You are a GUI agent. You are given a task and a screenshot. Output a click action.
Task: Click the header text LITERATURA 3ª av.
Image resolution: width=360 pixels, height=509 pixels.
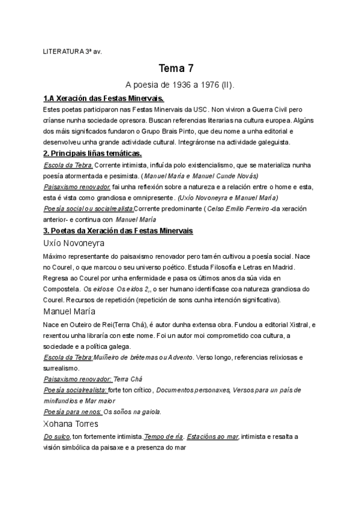(73, 52)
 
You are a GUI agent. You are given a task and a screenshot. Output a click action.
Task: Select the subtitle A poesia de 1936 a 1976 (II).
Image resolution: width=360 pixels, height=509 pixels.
(180, 85)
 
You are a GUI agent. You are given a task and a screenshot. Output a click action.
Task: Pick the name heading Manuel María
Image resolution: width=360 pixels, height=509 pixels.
(70, 312)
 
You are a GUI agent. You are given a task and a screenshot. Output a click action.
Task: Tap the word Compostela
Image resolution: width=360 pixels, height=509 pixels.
(63, 289)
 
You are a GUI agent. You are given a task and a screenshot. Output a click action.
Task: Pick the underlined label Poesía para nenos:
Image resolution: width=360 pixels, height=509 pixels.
(73, 412)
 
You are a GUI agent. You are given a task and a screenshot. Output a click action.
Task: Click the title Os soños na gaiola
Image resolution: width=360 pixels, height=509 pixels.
(133, 412)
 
